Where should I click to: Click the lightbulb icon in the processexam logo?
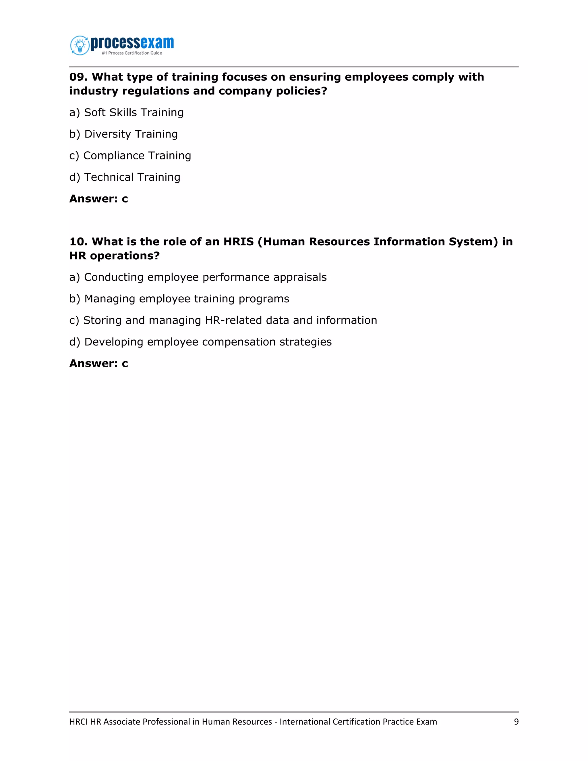(80, 45)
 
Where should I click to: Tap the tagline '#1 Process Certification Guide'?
(132, 53)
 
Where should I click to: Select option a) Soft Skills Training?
(126, 113)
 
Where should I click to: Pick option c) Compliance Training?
(130, 156)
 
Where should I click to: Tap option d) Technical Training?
(125, 177)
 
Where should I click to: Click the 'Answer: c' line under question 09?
(98, 199)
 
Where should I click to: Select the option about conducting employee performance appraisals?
(198, 277)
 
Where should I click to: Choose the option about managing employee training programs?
(179, 299)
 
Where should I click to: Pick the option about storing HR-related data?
(223, 320)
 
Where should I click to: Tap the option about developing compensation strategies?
(200, 342)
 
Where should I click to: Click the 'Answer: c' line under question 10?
(98, 364)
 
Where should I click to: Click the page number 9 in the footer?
(516, 722)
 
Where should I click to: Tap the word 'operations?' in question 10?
(125, 256)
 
